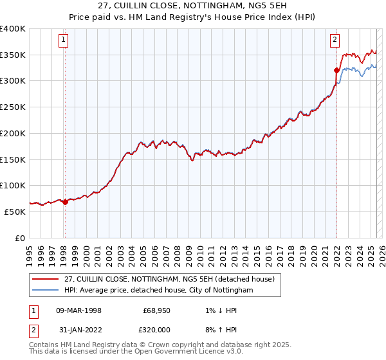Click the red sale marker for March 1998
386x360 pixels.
65,202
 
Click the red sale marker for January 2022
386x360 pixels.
336,70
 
